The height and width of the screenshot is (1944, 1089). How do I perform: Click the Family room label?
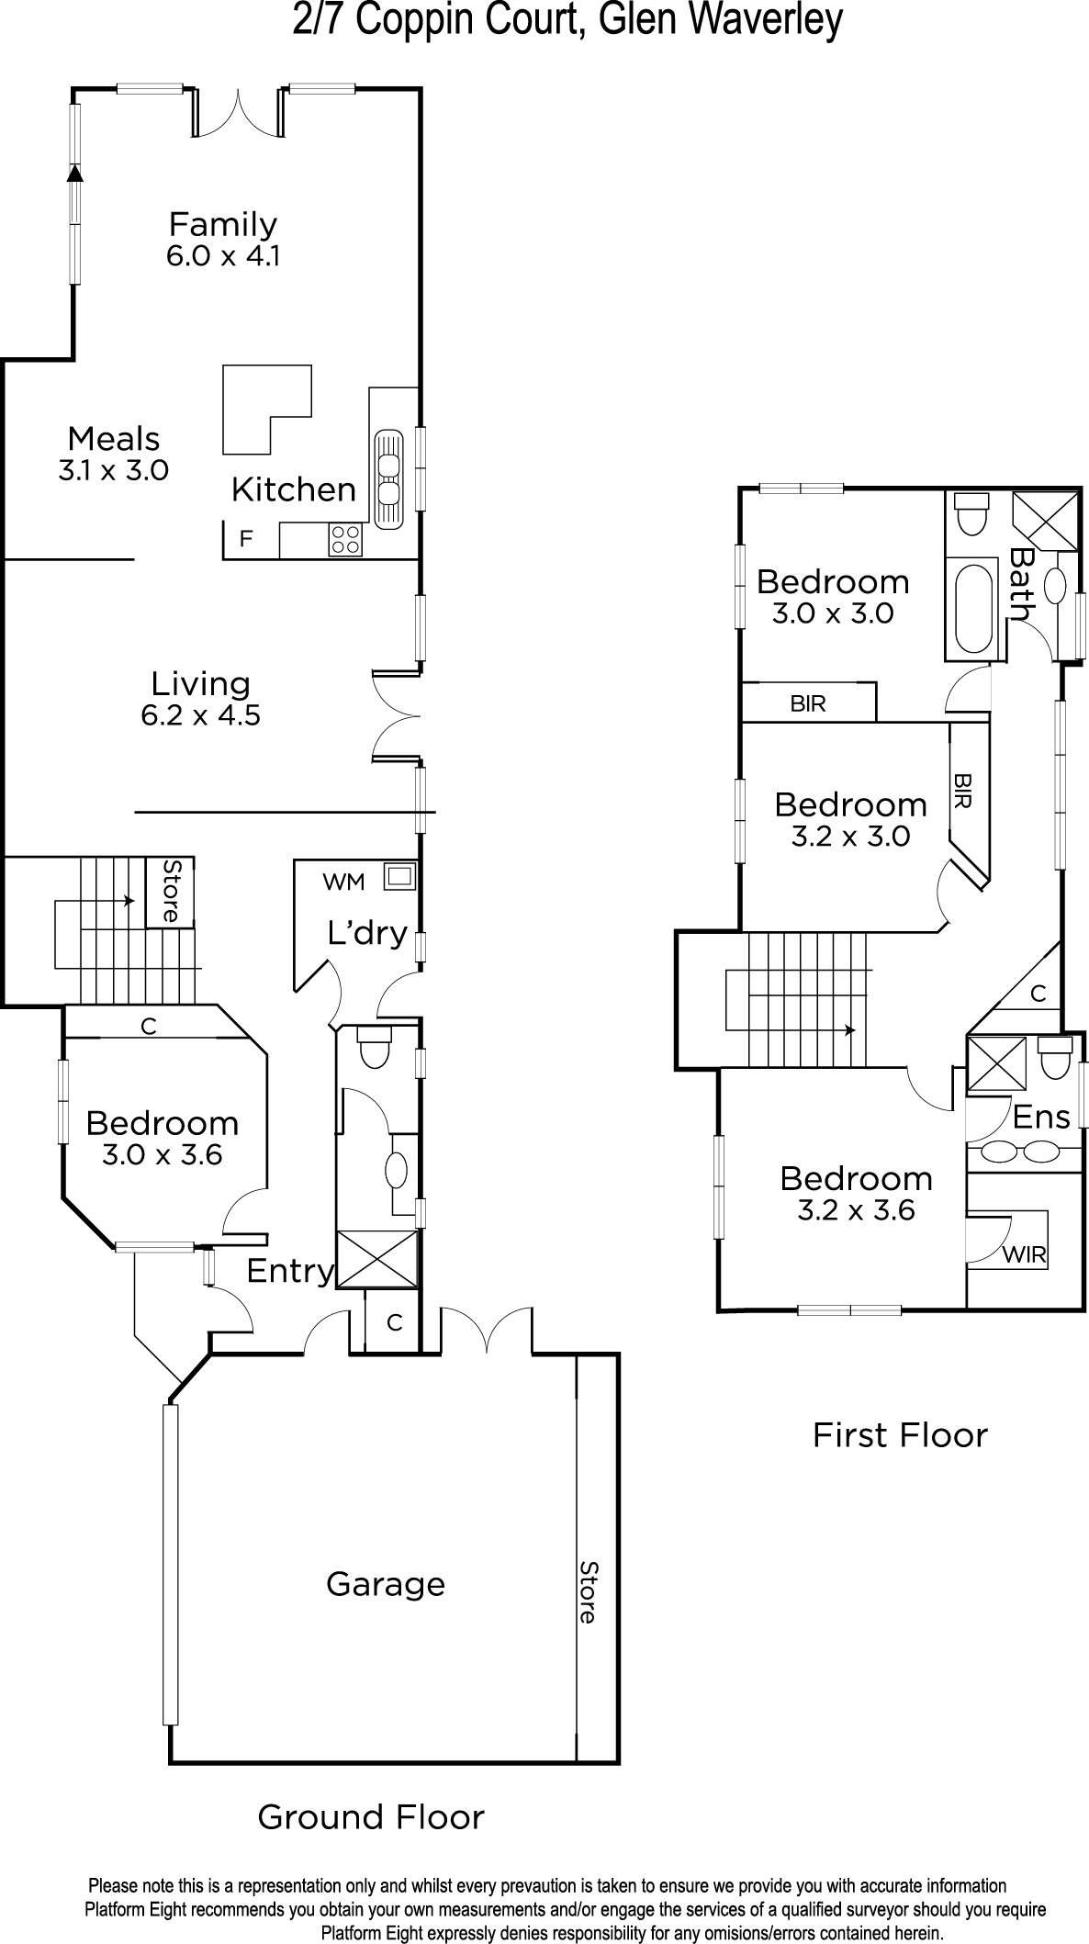tap(223, 224)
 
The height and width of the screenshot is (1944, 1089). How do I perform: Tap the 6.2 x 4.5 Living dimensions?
tap(201, 714)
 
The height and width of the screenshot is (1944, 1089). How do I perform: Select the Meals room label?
tap(114, 438)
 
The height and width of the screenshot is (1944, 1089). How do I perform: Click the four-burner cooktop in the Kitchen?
tap(345, 539)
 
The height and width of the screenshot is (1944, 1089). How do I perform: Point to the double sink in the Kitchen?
tap(389, 479)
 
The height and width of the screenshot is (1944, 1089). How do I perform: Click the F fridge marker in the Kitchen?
tap(245, 539)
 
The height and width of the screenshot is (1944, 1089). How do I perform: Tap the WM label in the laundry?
tap(343, 882)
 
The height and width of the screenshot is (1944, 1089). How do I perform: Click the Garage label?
tap(386, 1584)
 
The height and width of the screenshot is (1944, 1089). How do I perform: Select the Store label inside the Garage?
tap(588, 1591)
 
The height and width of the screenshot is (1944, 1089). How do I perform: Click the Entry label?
tap(289, 1271)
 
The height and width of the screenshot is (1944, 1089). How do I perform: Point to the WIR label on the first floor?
tap(1025, 1254)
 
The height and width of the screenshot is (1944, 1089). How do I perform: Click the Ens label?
tap(1041, 1117)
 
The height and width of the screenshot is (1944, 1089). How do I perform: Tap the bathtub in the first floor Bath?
tap(973, 608)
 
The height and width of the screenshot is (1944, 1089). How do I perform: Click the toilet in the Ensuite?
tap(1054, 1057)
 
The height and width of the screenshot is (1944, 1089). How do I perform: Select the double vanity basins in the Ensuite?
tap(1020, 1152)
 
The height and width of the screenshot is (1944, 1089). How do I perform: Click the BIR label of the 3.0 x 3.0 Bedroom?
tap(808, 703)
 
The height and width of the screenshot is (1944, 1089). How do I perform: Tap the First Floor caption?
tap(900, 1435)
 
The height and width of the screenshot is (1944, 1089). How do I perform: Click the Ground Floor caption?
tap(371, 1817)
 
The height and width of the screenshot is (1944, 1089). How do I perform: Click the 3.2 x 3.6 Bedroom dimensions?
tap(856, 1210)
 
